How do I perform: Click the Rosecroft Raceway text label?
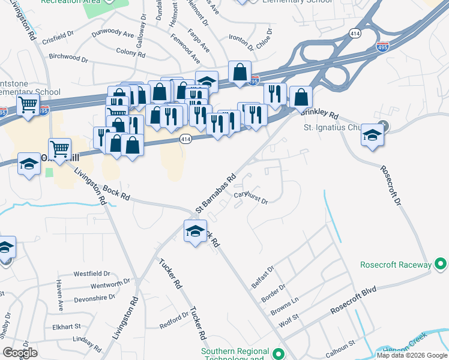click(396, 265)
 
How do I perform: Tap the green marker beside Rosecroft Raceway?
click(441, 264)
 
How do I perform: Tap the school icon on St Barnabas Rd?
click(195, 231)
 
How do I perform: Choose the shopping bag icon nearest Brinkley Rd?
click(301, 97)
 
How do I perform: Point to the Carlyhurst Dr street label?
click(250, 197)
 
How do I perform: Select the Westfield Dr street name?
click(92, 274)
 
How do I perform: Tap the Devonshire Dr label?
click(94, 298)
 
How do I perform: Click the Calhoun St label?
click(340, 346)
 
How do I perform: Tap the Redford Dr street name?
click(174, 321)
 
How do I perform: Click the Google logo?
click(20, 353)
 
